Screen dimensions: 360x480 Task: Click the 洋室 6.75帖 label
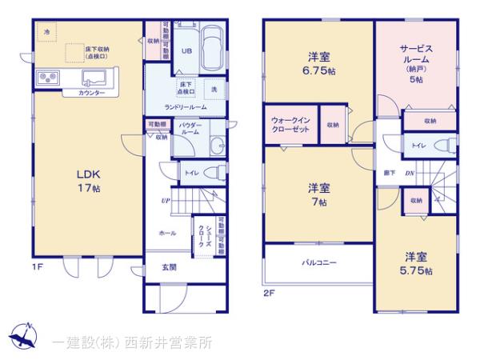click(x=318, y=63)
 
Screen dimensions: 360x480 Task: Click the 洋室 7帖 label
click(x=318, y=195)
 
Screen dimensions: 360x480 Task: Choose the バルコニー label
click(x=318, y=262)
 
